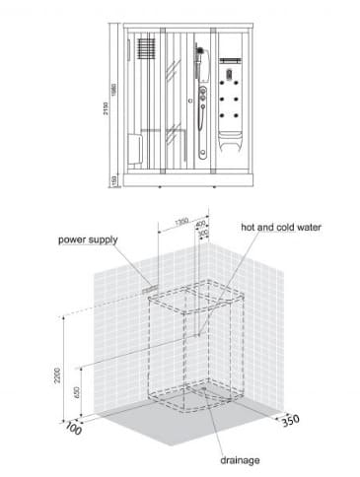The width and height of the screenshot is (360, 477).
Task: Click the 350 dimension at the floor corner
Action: click(289, 419)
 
